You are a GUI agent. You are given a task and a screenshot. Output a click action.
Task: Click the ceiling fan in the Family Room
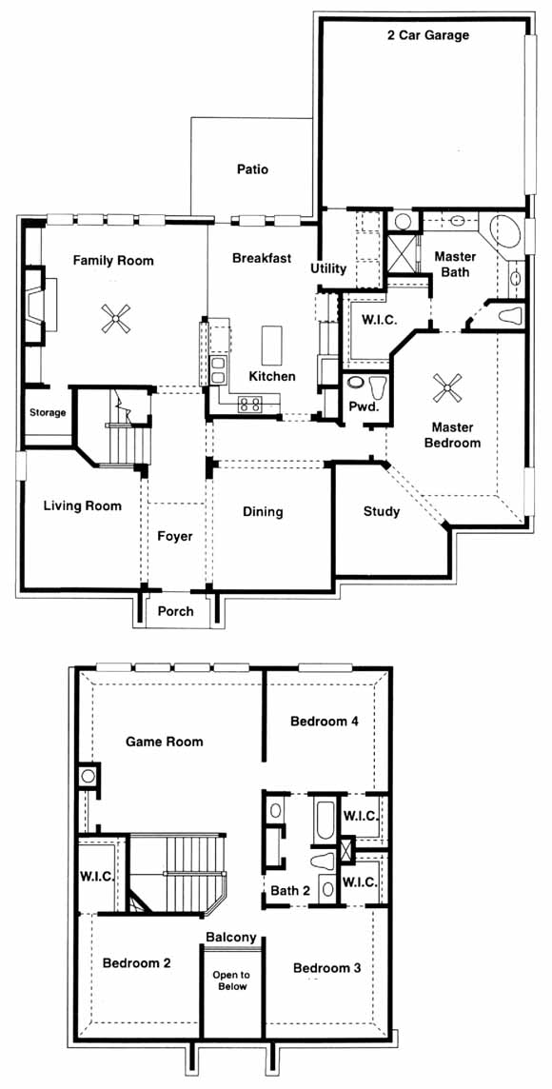point(114,318)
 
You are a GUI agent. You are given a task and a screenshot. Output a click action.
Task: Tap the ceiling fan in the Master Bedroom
point(447,387)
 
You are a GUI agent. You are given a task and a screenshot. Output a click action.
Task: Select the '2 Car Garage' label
point(427,35)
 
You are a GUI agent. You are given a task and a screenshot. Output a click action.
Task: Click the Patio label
point(252,168)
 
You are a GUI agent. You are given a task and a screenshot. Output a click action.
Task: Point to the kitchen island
point(273,346)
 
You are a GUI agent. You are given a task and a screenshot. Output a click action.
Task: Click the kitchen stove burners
point(249,404)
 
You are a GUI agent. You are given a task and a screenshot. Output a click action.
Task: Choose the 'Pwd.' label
point(364,407)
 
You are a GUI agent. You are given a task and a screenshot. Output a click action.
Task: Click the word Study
point(382,512)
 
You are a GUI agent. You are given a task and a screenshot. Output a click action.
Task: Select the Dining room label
point(263,512)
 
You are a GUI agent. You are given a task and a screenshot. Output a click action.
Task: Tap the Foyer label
point(175,536)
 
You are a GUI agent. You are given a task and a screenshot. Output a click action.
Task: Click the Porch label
point(176,611)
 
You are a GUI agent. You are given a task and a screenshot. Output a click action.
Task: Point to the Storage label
point(48,412)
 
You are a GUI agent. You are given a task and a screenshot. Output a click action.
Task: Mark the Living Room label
point(83,505)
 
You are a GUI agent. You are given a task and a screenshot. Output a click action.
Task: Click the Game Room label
point(165,742)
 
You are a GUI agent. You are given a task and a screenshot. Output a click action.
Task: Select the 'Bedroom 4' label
point(325,721)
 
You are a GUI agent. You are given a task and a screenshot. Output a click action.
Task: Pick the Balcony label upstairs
point(232,937)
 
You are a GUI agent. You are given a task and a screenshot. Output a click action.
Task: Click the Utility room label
point(328,268)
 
